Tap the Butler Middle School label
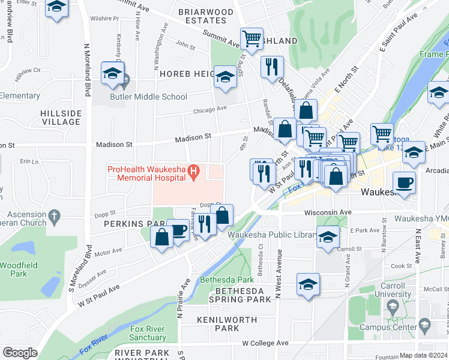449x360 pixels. click(x=148, y=97)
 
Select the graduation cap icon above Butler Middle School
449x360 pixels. click(x=112, y=74)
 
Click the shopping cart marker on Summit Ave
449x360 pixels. click(x=252, y=40)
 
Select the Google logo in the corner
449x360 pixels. click(x=20, y=353)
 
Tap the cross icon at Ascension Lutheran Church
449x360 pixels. click(x=54, y=215)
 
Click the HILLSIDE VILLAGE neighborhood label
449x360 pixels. click(x=61, y=118)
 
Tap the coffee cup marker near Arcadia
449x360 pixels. click(x=403, y=182)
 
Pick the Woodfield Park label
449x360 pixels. click(x=13, y=269)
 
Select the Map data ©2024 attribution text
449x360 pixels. click(x=424, y=355)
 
